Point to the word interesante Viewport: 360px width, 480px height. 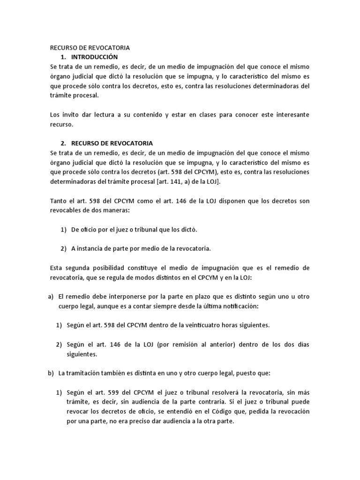288,115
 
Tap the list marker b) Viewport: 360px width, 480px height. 51,373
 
